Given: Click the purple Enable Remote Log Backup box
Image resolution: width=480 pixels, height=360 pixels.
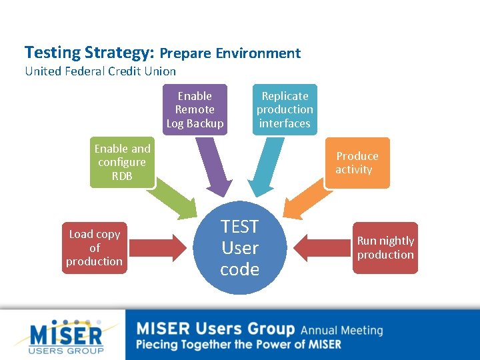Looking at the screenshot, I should pyautogui.click(x=195, y=109).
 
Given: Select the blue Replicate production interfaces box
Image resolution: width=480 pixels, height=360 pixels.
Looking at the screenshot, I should pyautogui.click(x=285, y=109).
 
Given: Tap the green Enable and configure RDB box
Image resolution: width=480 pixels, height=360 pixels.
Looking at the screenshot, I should pyautogui.click(x=122, y=162).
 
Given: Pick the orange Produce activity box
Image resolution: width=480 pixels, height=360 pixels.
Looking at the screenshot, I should pyautogui.click(x=357, y=163).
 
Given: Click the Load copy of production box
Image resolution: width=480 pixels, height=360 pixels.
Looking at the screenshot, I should pyautogui.click(x=94, y=247).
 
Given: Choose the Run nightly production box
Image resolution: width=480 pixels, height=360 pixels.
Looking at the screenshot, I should pyautogui.click(x=385, y=247).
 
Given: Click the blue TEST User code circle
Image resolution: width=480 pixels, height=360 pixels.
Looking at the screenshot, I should pyautogui.click(x=239, y=248).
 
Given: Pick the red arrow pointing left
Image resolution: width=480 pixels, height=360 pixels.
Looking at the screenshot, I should pyautogui.click(x=323, y=248).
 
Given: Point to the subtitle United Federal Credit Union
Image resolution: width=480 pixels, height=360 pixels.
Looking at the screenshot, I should pyautogui.click(x=100, y=71).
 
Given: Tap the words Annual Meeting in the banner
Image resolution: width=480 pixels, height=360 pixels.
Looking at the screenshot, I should pyautogui.click(x=341, y=330).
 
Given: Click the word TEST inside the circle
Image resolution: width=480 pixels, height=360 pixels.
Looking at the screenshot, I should pyautogui.click(x=239, y=227).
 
